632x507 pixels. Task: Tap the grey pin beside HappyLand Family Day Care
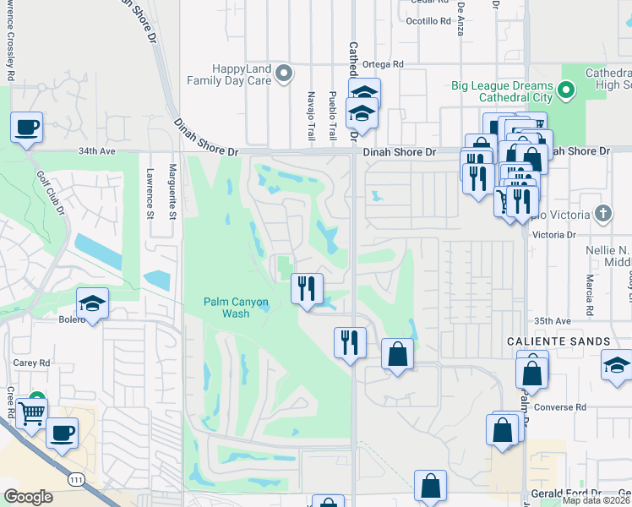[285, 74]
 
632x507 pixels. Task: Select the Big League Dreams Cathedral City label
[502, 91]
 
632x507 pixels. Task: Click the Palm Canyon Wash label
[236, 308]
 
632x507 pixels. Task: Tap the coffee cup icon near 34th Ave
[27, 127]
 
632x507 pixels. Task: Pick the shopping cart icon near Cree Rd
[31, 414]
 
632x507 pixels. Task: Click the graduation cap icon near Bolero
[93, 303]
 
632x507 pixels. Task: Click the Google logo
[28, 497]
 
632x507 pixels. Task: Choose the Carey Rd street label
[32, 362]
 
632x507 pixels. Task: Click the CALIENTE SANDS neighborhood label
[559, 341]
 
